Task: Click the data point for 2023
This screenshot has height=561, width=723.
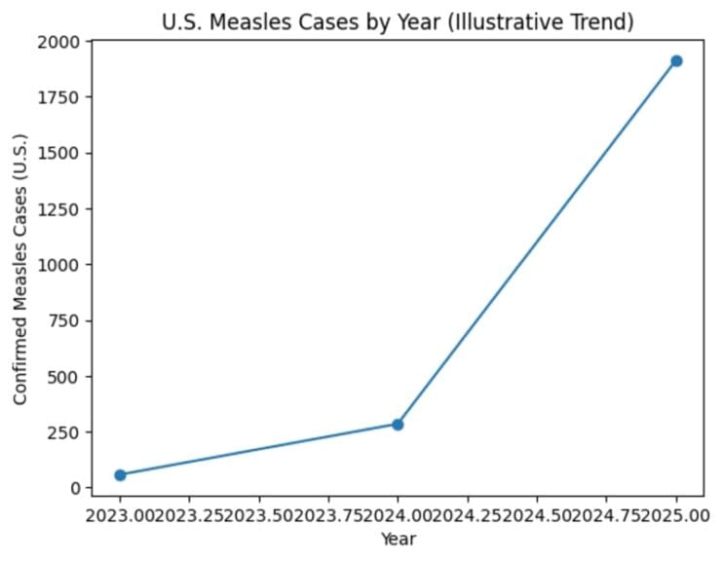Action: tap(120, 475)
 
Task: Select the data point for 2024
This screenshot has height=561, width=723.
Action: tap(398, 425)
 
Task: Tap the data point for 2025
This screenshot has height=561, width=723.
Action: tap(676, 61)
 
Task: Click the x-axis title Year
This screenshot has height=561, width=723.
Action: tap(398, 538)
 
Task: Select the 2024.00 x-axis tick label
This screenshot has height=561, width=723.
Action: tap(398, 513)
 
